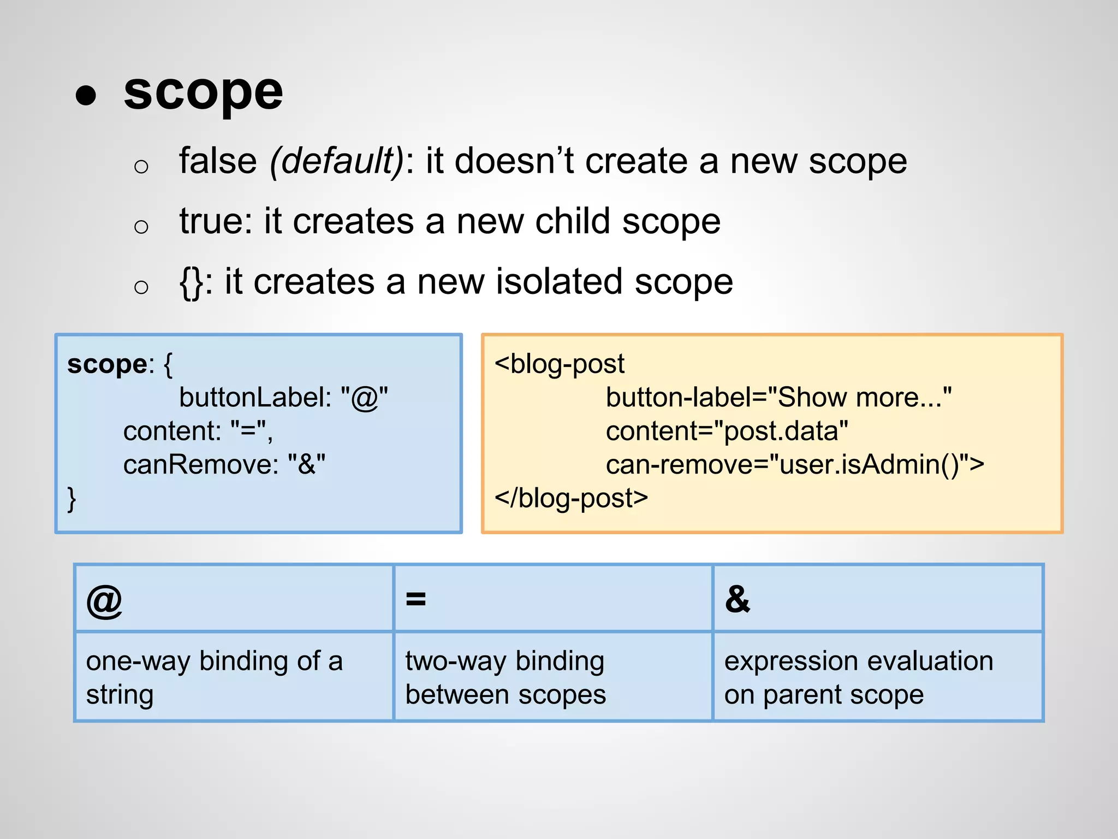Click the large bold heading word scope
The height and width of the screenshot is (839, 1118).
tap(203, 92)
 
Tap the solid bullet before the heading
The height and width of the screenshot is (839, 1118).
tap(86, 95)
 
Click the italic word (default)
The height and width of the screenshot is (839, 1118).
tap(337, 161)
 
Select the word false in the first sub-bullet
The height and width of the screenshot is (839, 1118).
tap(218, 161)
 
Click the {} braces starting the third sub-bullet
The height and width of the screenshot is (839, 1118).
tap(191, 283)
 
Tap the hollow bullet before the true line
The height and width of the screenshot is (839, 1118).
tap(141, 226)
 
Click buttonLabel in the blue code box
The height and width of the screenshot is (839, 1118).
tap(255, 398)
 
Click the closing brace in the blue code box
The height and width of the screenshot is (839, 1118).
tap(72, 499)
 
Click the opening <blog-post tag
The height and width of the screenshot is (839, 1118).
tap(560, 364)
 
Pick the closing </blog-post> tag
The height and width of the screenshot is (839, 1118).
tap(571, 498)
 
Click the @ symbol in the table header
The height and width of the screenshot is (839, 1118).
tap(104, 600)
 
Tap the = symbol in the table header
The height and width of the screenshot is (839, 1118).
tap(415, 599)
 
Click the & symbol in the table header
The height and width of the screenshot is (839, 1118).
tap(738, 599)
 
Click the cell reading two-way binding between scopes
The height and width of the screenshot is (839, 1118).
tap(506, 677)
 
